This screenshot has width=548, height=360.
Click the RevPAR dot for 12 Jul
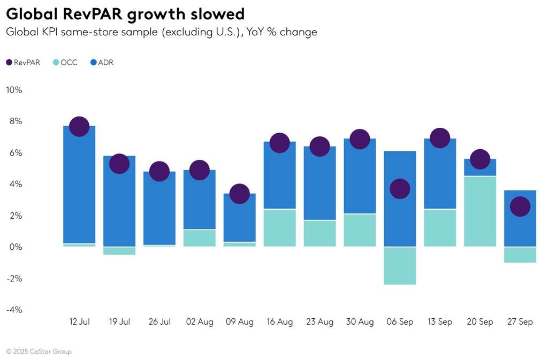[x=79, y=126]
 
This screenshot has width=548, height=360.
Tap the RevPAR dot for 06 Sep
[x=400, y=189]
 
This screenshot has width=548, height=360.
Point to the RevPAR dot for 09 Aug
[x=239, y=194]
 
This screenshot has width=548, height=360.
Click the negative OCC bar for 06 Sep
[x=400, y=266]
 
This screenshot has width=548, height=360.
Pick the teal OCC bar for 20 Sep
[x=480, y=211]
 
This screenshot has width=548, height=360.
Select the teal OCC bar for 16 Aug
[x=279, y=228]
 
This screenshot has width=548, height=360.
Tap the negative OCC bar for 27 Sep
[x=520, y=255]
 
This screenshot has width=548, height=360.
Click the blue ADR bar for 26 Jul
[x=159, y=209]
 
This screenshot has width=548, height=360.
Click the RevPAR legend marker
[x=9, y=63]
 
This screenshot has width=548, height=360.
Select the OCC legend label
[x=69, y=63]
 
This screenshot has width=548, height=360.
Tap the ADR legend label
[x=106, y=63]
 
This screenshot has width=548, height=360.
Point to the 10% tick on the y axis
[x=14, y=90]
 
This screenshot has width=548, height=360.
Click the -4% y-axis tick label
[x=14, y=310]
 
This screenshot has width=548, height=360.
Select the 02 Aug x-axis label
[x=200, y=322]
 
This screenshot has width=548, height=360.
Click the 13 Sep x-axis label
[x=440, y=322]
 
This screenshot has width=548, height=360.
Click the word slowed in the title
[x=210, y=14]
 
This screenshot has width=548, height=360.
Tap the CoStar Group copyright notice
[x=39, y=351]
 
